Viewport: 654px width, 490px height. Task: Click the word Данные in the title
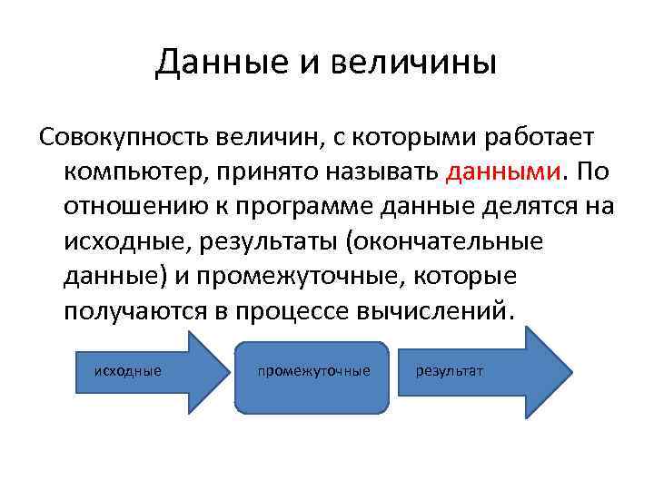point(209,63)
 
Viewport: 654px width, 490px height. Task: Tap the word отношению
point(128,207)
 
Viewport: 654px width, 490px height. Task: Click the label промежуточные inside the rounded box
point(313,371)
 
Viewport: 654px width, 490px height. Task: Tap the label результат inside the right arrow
point(450,371)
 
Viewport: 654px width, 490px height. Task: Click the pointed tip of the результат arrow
point(571,372)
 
